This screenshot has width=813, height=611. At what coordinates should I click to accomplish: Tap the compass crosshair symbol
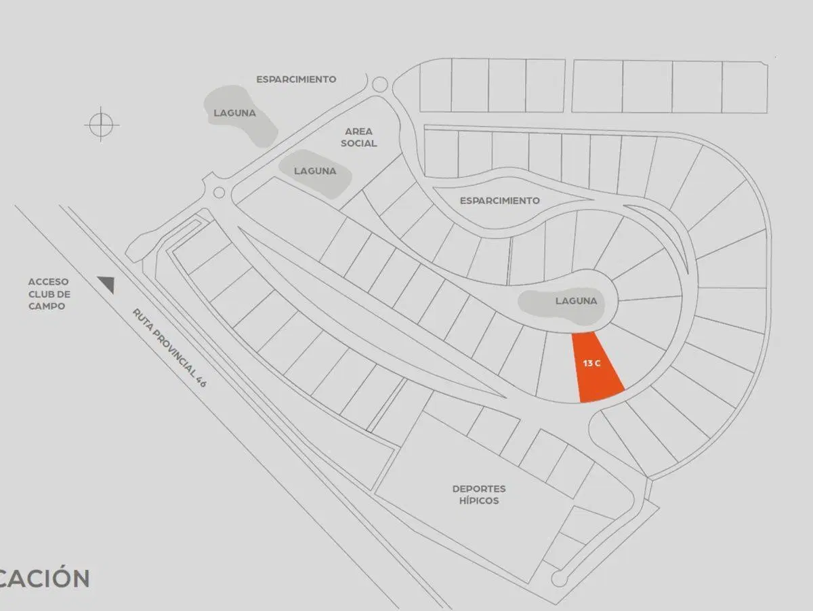101,125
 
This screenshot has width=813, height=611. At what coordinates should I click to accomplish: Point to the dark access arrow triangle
108,284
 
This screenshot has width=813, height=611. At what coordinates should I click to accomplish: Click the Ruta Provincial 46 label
169,348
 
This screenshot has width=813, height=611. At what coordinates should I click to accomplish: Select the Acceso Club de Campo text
49,294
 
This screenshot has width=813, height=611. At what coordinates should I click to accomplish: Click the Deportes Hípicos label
479,494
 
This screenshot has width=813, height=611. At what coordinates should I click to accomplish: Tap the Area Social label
358,137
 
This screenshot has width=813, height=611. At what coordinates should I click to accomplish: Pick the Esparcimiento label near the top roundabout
296,79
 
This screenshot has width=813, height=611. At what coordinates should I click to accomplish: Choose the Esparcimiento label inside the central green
499,201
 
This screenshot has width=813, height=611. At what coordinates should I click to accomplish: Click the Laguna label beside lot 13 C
576,301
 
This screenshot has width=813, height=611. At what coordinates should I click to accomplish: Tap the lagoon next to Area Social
315,174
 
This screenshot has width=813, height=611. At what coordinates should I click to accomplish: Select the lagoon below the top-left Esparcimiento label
240,116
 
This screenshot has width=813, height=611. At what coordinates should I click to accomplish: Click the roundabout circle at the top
379,85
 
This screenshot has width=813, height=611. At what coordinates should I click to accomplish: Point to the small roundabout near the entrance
219,193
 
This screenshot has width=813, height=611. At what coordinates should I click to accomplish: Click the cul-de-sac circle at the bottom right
559,579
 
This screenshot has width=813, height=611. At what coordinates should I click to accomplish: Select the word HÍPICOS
479,500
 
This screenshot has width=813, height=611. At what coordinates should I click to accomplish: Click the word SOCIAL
358,143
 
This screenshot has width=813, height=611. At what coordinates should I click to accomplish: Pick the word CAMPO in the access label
47,307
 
